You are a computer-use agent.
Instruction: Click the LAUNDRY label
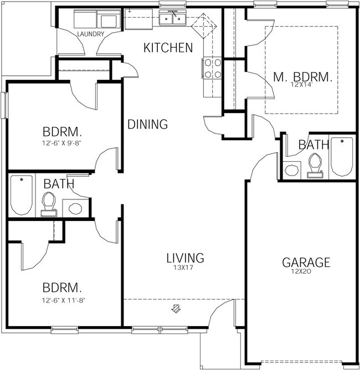pos(91,34)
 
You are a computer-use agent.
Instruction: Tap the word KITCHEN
pos(168,48)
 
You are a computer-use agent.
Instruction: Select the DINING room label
pos(147,125)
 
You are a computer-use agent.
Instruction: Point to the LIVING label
pos(186,258)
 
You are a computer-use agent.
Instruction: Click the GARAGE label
pos(306,262)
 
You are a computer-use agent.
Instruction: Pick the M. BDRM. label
pos(303,77)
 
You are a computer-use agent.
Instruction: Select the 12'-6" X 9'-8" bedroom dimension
pos(63,143)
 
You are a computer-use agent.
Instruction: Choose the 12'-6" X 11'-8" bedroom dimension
pos(63,300)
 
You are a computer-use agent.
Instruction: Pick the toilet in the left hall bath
pos(49,203)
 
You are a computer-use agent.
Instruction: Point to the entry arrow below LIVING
pos(177,308)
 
